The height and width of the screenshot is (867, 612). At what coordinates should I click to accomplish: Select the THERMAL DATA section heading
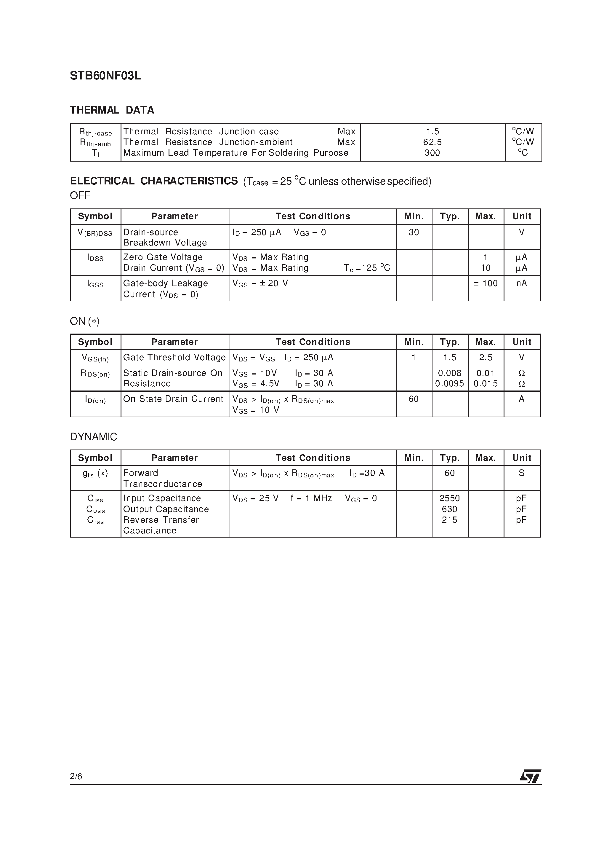tap(112, 110)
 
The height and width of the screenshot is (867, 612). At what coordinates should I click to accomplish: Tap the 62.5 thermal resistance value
tap(432, 142)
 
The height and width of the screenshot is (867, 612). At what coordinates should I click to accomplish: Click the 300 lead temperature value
tap(432, 153)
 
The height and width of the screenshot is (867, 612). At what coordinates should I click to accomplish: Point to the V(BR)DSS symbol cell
tap(95, 233)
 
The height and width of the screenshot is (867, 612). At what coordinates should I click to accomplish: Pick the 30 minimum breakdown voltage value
tap(414, 232)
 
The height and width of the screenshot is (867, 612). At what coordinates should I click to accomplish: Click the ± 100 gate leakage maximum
tap(486, 283)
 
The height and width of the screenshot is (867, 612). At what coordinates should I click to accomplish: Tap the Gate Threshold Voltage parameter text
tap(174, 358)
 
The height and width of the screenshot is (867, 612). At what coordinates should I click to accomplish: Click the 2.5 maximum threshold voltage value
tap(486, 358)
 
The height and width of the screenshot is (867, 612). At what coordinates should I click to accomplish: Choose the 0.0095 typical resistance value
tap(449, 384)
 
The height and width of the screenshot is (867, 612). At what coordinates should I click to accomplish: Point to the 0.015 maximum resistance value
tap(486, 384)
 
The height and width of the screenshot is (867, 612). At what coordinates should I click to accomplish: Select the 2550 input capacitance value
tap(449, 498)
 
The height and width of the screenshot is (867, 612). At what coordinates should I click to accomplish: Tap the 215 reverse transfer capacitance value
tap(449, 520)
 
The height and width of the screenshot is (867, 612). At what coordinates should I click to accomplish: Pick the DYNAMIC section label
tap(94, 437)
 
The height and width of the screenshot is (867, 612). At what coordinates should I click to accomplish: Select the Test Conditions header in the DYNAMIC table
tap(313, 458)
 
